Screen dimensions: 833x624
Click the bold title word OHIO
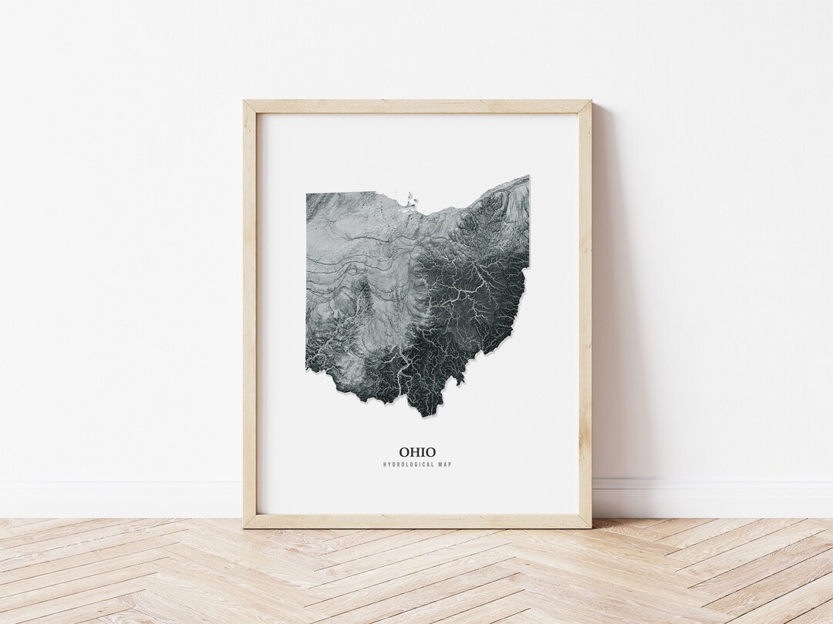(417, 452)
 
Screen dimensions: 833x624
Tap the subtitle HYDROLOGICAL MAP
(417, 465)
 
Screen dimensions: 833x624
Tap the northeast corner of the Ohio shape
(528, 178)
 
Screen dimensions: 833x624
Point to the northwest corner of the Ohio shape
(308, 194)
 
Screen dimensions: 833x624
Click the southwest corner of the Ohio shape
(308, 369)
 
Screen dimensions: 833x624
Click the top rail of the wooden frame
(417, 107)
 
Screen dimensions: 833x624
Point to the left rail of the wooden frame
(250, 308)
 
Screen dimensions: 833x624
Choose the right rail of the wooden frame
(585, 308)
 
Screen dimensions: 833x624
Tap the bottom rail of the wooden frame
(417, 521)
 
